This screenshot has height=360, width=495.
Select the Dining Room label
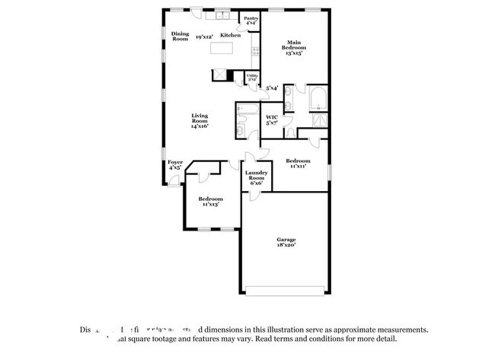[180, 36]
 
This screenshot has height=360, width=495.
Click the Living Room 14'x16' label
[200, 120]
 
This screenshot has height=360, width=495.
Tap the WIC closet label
[271, 119]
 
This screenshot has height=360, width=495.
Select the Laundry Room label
[254, 177]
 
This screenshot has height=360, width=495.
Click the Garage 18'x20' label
[286, 242]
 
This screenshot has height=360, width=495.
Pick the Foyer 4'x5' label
[175, 164]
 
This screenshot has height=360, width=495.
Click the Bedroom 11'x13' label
[212, 201]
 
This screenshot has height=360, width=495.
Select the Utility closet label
[251, 77]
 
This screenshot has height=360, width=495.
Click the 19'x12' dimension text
[203, 36]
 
